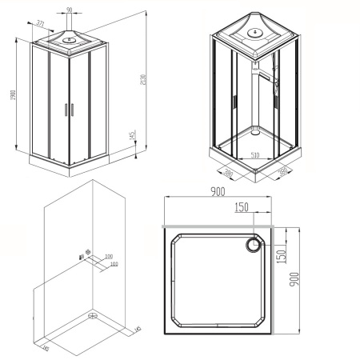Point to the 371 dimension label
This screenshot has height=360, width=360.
(40, 24)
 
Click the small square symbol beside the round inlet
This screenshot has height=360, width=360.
(82, 256)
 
